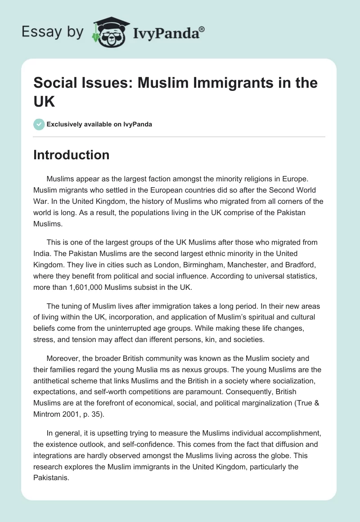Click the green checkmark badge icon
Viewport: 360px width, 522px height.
(39, 124)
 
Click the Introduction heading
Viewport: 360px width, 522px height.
(72, 155)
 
